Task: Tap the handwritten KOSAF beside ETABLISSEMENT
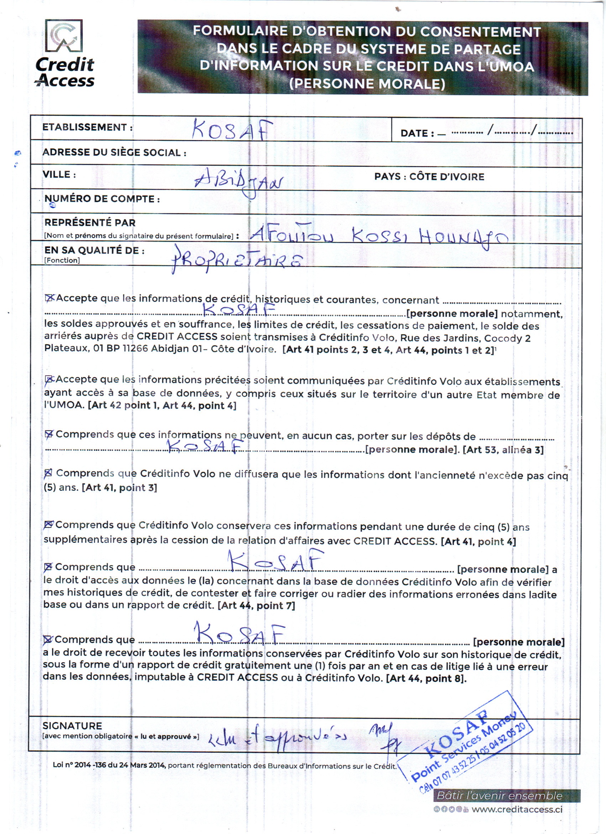(x=233, y=130)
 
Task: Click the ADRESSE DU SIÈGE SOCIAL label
(x=114, y=153)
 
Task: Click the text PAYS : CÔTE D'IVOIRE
(x=429, y=177)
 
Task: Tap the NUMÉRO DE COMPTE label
(x=102, y=199)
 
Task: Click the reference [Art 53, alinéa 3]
(x=503, y=450)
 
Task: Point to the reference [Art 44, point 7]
(x=256, y=606)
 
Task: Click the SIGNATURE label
(x=72, y=726)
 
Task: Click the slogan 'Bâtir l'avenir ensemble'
(x=499, y=796)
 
